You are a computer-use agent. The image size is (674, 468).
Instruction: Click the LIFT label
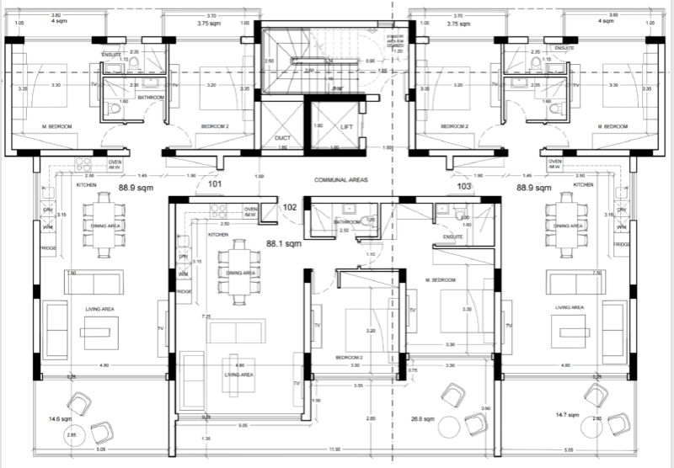click(347, 126)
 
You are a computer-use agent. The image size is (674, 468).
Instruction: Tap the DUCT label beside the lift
click(282, 138)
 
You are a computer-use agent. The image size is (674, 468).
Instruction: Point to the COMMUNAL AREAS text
click(342, 180)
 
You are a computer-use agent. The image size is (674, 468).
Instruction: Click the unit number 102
click(290, 206)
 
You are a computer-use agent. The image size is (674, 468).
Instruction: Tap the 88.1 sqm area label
click(284, 245)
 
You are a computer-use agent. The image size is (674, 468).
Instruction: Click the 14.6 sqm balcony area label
click(60, 417)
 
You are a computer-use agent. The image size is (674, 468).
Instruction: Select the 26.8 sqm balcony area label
click(423, 418)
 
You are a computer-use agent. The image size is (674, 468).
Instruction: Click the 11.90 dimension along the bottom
click(334, 450)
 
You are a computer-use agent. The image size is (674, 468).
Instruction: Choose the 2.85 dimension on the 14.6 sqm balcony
click(72, 434)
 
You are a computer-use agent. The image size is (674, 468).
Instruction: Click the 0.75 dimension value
click(413, 370)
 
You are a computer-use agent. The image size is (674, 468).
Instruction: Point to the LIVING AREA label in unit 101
click(99, 309)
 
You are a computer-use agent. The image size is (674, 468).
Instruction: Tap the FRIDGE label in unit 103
click(622, 244)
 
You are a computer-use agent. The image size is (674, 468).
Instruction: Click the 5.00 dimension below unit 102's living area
click(243, 426)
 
